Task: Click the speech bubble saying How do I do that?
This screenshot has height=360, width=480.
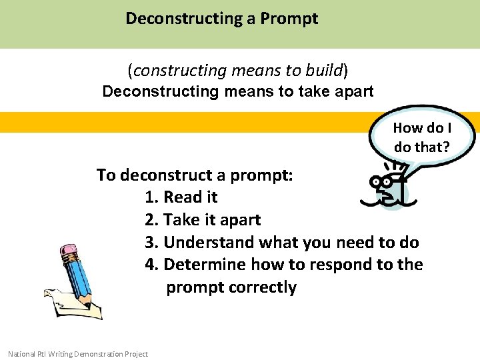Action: coord(422,137)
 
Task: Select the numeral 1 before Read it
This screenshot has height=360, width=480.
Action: coord(151,197)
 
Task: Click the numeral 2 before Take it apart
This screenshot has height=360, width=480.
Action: coord(151,220)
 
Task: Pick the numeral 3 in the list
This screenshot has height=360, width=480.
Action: coord(151,242)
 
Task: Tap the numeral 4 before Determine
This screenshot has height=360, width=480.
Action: coord(151,265)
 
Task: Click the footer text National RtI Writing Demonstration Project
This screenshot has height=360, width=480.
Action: coord(78,354)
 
